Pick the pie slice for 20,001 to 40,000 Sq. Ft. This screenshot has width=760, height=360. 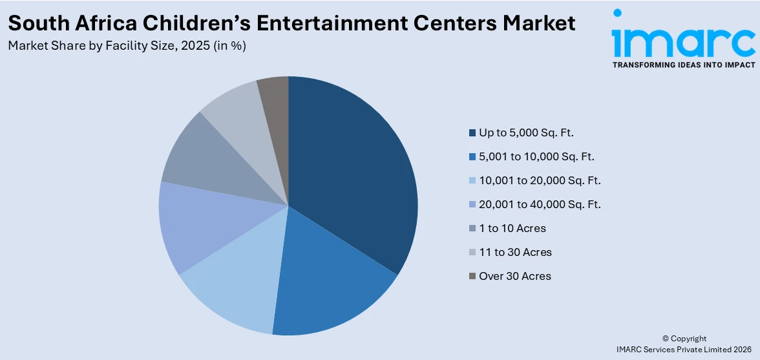pos(194,226)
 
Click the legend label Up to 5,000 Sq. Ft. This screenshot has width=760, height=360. pos(526,132)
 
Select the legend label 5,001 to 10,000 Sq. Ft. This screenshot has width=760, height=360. pos(536,156)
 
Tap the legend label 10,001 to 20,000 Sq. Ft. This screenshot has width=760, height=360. pos(540,180)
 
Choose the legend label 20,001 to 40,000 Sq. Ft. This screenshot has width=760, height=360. pos(540,204)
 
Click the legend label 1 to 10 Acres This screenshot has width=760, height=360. pos(512,228)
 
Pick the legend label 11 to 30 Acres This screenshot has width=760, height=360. pos(515,252)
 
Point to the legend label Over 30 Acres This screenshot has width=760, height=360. pos(514,276)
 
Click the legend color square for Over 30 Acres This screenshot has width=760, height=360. pos(472,277)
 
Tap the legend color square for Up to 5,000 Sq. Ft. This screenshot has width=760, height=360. pos(472,133)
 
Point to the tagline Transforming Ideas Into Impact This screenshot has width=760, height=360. pos(683,65)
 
